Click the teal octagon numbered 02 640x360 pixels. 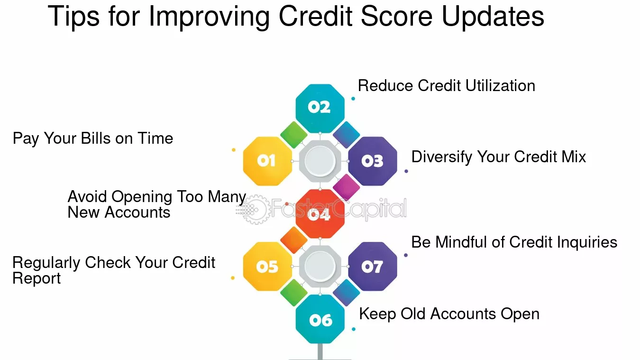pyautogui.click(x=320, y=108)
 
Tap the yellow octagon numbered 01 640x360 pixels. pyautogui.click(x=267, y=161)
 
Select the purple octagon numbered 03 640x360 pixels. pyautogui.click(x=373, y=161)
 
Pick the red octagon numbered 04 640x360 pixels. pyautogui.click(x=320, y=214)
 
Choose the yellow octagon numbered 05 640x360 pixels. pyautogui.click(x=267, y=267)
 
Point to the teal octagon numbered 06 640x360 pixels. pyautogui.click(x=320, y=320)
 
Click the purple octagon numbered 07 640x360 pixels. pyautogui.click(x=373, y=267)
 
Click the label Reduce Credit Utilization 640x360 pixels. pyautogui.click(x=446, y=86)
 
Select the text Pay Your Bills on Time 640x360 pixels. pyautogui.click(x=93, y=138)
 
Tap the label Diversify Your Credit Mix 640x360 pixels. pyautogui.click(x=498, y=157)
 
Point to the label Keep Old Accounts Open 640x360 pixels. pyautogui.click(x=449, y=314)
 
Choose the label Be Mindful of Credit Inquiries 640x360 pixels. pyautogui.click(x=514, y=242)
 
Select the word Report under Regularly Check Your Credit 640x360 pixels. pyautogui.click(x=37, y=278)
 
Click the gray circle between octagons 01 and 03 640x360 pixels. pyautogui.click(x=320, y=161)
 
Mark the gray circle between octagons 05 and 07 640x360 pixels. pyautogui.click(x=320, y=267)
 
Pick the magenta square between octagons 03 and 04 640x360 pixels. pyautogui.click(x=346, y=187)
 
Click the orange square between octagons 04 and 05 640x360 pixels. pyautogui.click(x=294, y=240)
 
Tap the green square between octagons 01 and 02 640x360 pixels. pyautogui.click(x=294, y=135)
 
